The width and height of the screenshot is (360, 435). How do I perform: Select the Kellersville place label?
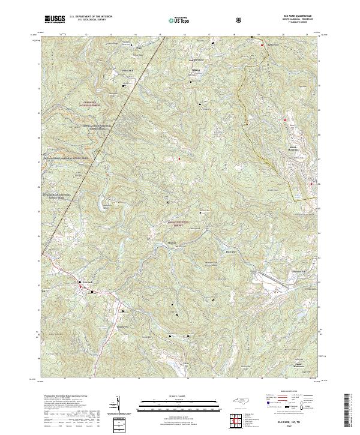tap(272, 44)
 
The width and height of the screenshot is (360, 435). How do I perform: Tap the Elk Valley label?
tap(230, 251)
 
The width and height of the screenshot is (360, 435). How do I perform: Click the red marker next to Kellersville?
tap(262, 44)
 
